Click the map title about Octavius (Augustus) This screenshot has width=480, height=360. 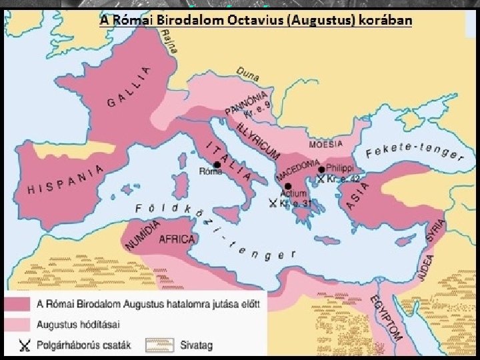pos(256,20)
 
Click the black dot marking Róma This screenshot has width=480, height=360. pos(217,164)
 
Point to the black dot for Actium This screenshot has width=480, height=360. pos(288,186)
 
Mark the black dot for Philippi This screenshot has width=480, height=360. pos(322,169)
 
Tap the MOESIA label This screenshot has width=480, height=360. pos(325,144)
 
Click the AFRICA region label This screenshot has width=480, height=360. pos(176,239)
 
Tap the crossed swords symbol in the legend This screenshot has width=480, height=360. pos(25,345)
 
